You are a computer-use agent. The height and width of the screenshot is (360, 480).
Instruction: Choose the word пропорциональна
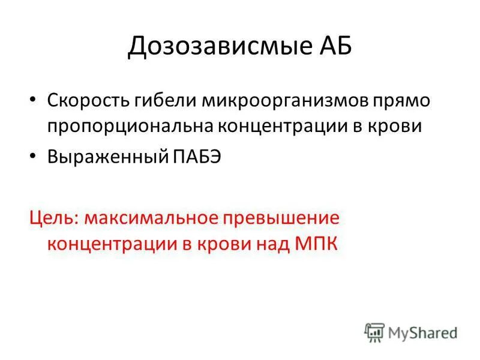[x=128, y=127]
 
